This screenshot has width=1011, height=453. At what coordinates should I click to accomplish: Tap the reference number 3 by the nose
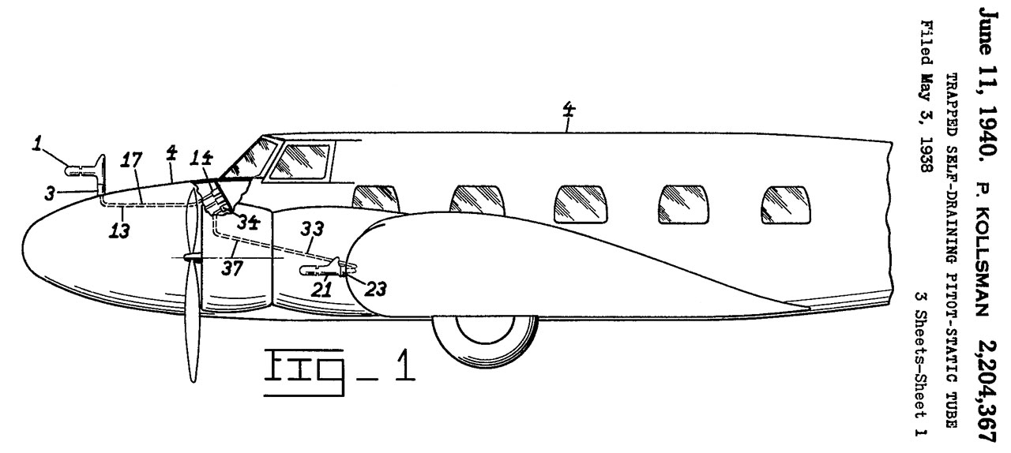(x=50, y=193)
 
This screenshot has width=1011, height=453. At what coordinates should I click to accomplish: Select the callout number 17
(x=131, y=160)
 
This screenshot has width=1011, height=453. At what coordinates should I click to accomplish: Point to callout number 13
(x=119, y=230)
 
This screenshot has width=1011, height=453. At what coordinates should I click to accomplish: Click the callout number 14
(x=201, y=158)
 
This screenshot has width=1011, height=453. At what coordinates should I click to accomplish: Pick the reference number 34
(x=249, y=222)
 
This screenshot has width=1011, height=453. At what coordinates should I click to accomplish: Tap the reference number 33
(x=312, y=229)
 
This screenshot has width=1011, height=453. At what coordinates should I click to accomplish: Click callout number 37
(x=232, y=269)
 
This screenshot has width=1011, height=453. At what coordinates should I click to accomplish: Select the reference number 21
(x=321, y=290)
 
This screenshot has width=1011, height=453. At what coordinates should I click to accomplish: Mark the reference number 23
(x=375, y=289)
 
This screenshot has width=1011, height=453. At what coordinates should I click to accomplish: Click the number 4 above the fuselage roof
(x=569, y=110)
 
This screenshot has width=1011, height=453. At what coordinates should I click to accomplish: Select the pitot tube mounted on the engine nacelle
(x=328, y=268)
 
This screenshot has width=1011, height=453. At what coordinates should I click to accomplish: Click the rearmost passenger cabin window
(x=786, y=205)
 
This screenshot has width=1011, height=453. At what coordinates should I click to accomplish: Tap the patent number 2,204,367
(x=987, y=390)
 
